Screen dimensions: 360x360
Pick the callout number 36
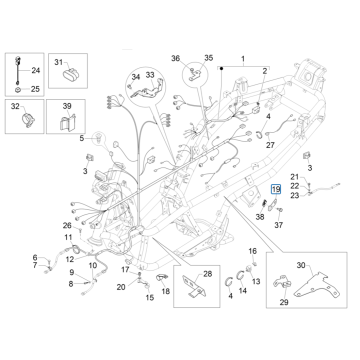(x=176, y=59)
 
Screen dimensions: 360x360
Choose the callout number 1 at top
(x=240, y=61)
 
